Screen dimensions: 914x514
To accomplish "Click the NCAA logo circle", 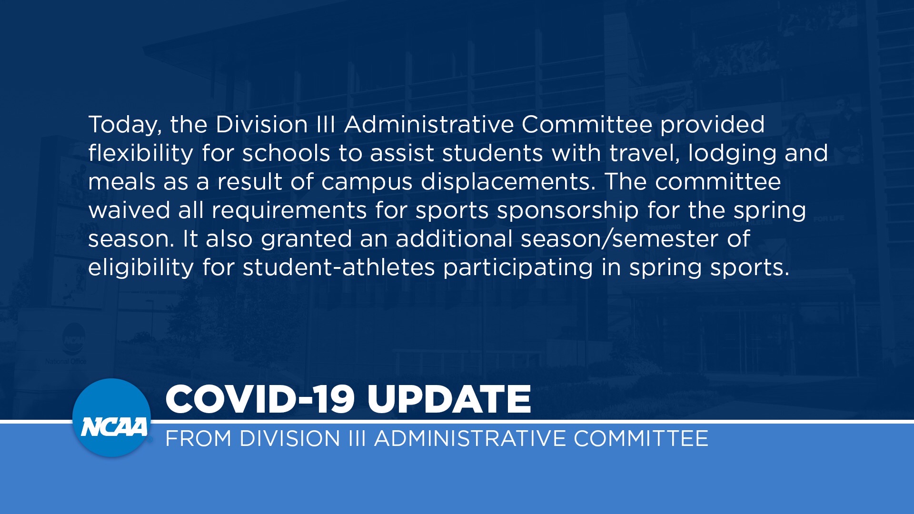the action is pyautogui.click(x=112, y=418).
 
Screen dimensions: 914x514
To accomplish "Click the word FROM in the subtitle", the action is pyautogui.click(x=199, y=438).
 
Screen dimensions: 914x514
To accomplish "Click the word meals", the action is pyautogui.click(x=122, y=182).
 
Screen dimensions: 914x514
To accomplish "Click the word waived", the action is pyautogui.click(x=129, y=210).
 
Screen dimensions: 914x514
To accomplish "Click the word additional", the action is pyautogui.click(x=454, y=239).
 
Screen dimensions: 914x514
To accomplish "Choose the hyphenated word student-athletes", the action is pyautogui.click(x=339, y=267).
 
